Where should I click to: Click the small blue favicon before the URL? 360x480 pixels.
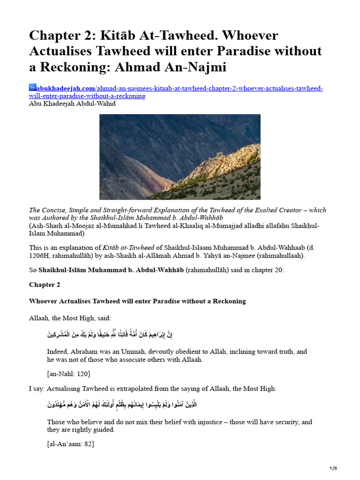point(32,88)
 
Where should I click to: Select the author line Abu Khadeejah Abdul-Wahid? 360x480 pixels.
point(72,104)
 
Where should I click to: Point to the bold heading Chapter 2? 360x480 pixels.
point(45,285)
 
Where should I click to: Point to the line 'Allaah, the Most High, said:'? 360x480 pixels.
point(70,318)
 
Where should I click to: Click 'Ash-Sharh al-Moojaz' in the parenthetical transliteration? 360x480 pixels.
point(63,226)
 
